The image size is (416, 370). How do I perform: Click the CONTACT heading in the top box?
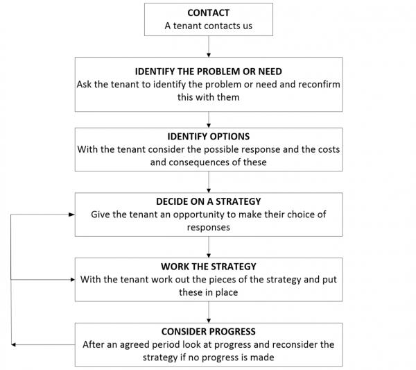click(208, 12)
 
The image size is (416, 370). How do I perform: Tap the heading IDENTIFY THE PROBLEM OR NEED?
click(208, 72)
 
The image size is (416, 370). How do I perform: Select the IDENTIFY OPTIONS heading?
click(208, 137)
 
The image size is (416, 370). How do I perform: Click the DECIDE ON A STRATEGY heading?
click(208, 201)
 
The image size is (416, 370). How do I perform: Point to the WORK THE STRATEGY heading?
click(208, 267)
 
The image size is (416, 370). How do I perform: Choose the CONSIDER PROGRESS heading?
click(208, 332)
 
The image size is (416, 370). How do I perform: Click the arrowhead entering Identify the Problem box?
click(209, 55)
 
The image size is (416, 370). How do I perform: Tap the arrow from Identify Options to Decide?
click(209, 182)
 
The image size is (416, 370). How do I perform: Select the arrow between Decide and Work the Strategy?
click(209, 247)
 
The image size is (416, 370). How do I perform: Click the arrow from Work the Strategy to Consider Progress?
click(209, 312)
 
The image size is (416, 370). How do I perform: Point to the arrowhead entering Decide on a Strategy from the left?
click(71, 215)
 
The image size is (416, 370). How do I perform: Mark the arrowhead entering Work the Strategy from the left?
click(73, 280)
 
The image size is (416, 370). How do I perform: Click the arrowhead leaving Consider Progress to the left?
click(13, 344)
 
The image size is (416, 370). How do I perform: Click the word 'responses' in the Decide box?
click(208, 228)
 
